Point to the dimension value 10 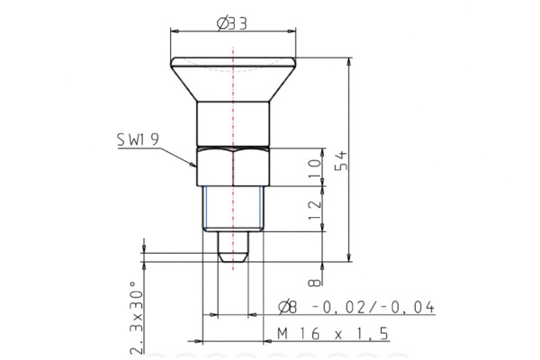click(x=313, y=166)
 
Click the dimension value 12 click(x=313, y=208)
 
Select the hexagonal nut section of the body click(x=233, y=166)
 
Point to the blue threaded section click(x=233, y=208)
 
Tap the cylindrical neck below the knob click(x=233, y=122)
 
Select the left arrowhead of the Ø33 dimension click(x=174, y=31)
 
